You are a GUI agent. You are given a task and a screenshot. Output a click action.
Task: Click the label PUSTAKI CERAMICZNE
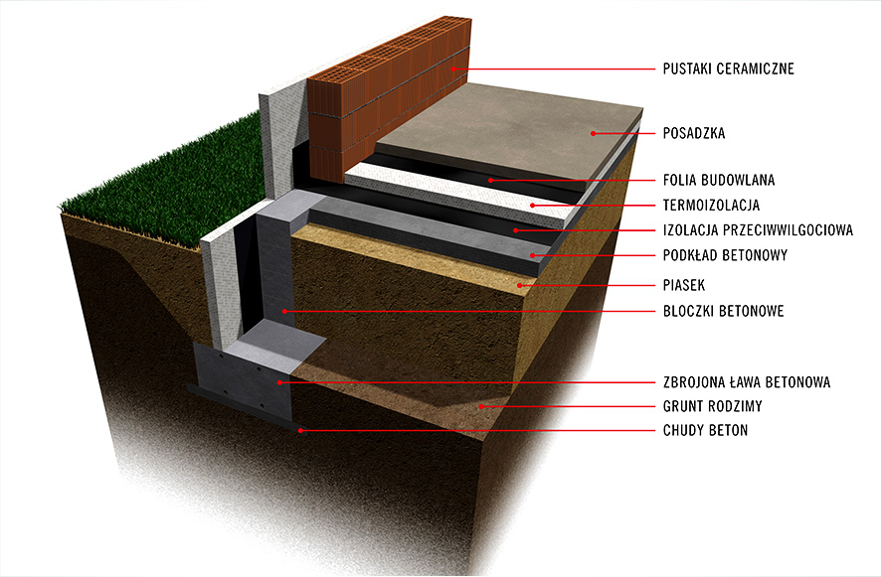coord(728,69)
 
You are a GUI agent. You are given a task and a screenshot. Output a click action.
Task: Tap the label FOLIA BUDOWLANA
coord(718,181)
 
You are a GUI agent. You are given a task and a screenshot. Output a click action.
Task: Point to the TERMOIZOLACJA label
coord(710,206)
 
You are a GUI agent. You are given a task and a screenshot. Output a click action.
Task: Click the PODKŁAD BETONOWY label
coord(725,255)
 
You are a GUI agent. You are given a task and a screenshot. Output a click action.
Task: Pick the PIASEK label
coord(683,285)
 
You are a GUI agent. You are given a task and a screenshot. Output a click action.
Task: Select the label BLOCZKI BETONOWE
coord(723,311)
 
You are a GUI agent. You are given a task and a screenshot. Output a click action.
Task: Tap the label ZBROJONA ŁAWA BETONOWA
coord(746,381)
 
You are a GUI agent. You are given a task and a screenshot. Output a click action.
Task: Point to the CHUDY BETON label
coord(705,431)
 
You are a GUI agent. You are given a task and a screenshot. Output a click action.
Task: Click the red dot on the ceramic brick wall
coord(452,69)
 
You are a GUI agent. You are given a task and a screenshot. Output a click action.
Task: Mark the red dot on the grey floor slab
coord(593,132)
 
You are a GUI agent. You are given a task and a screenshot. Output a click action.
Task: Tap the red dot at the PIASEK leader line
coord(518,285)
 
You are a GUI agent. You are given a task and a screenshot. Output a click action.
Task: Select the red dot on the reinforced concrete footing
coord(280,381)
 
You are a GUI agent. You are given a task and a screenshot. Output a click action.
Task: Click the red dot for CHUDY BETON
coord(300,431)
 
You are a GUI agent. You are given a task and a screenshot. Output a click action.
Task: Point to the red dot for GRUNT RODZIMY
coord(480,406)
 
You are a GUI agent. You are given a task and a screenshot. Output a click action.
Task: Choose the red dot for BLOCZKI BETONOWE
coord(283,311)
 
